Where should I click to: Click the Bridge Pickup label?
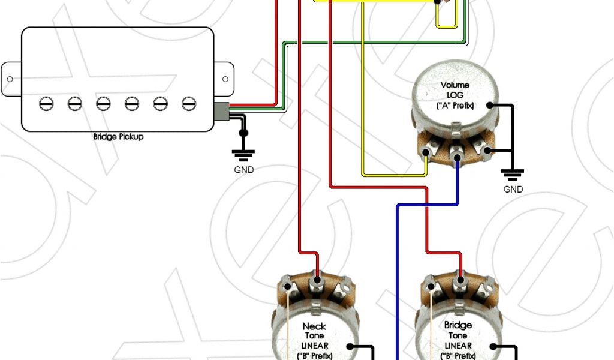(x=118, y=136)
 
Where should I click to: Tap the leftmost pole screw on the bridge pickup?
(x=46, y=103)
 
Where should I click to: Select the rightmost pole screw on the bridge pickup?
(x=189, y=103)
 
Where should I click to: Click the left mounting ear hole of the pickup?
(x=10, y=79)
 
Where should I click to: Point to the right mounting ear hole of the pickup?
(x=225, y=79)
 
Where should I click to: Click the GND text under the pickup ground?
(x=243, y=170)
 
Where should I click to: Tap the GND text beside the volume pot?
(x=513, y=189)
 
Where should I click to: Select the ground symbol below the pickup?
(x=243, y=155)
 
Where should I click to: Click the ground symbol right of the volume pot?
(x=513, y=175)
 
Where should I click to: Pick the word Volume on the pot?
(x=455, y=85)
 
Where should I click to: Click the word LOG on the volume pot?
(x=455, y=95)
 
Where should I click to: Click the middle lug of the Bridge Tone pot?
(x=460, y=280)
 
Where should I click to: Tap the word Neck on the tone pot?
(x=314, y=326)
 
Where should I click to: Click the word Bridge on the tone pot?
(x=458, y=325)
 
